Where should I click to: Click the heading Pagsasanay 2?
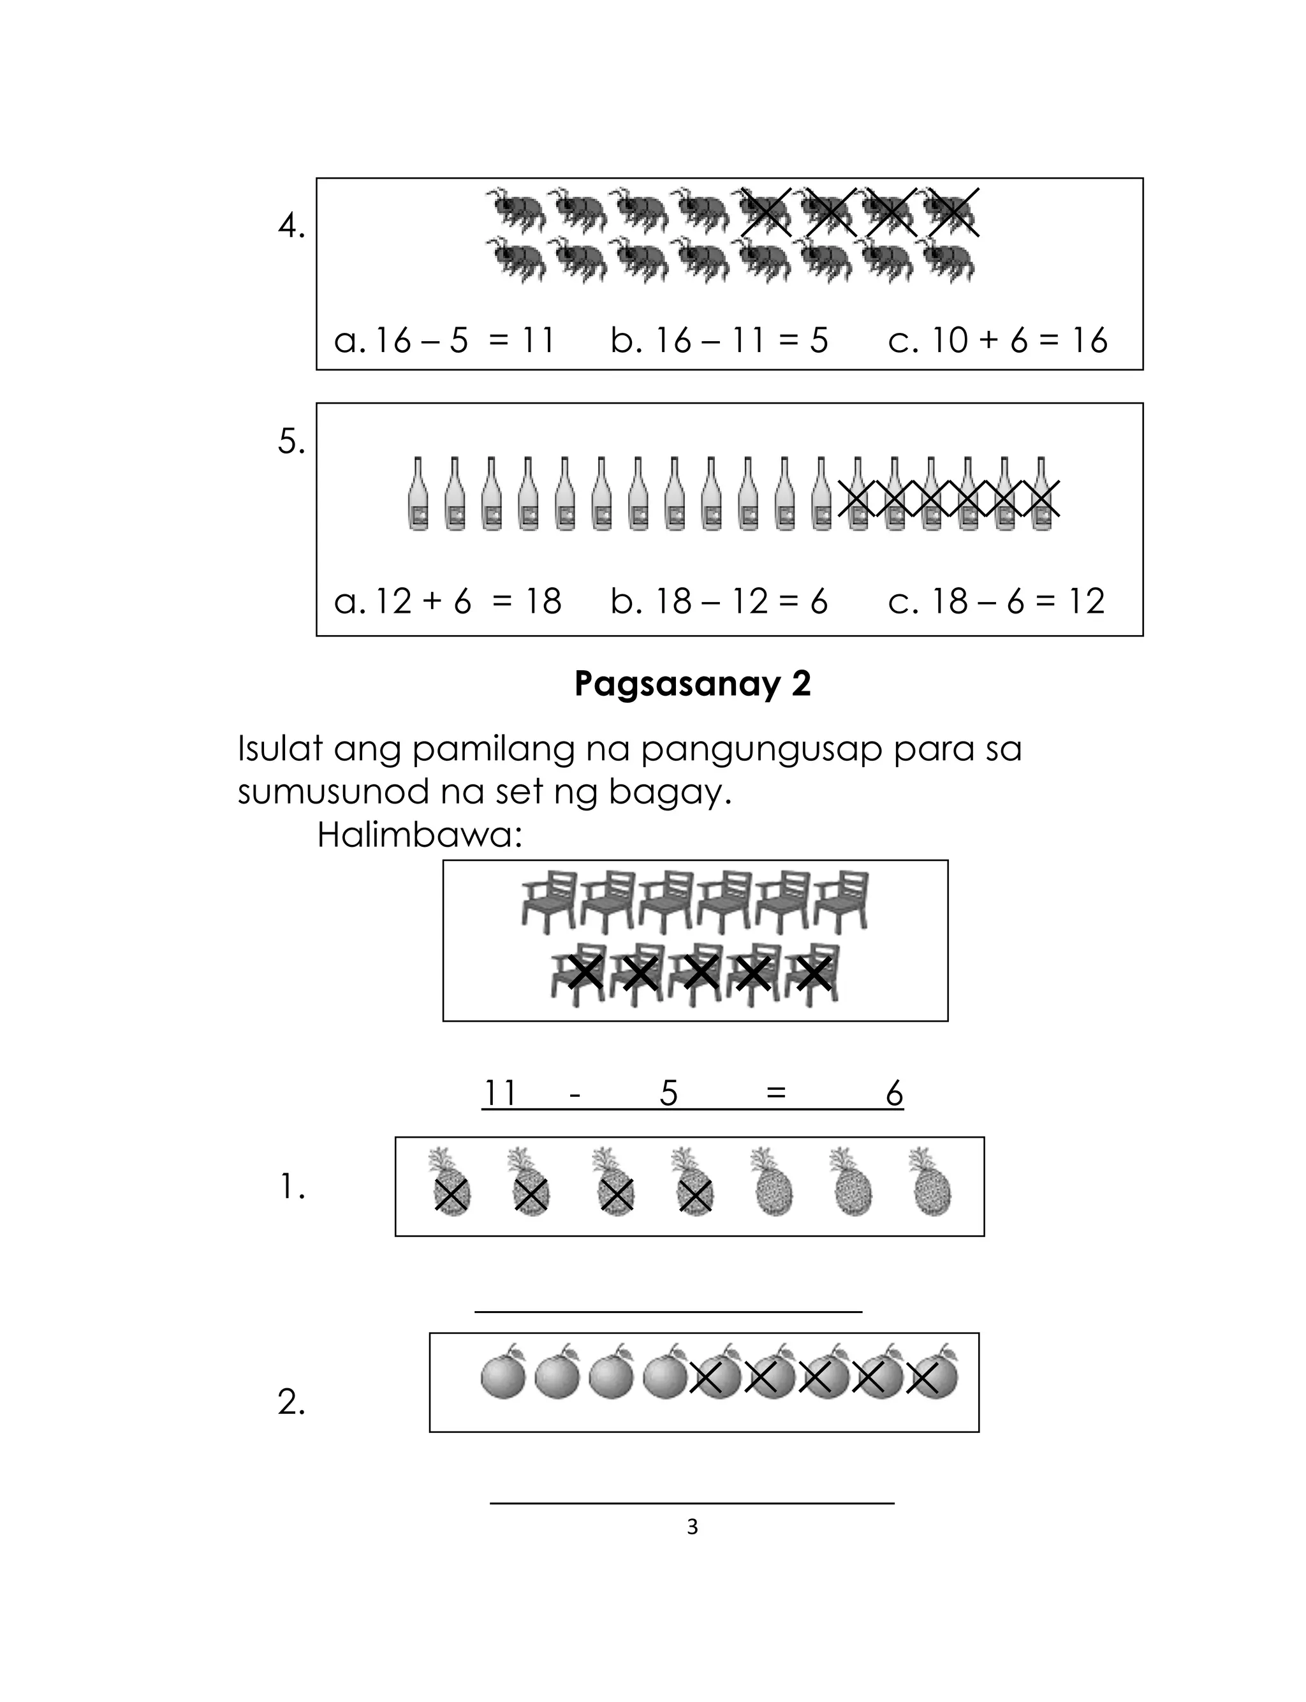click(692, 684)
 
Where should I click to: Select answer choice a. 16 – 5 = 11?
click(444, 341)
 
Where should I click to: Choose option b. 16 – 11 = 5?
click(719, 341)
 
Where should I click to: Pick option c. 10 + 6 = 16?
click(997, 341)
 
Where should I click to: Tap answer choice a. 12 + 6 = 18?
click(447, 601)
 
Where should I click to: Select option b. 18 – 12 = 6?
click(719, 601)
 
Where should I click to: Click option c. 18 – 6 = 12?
click(996, 601)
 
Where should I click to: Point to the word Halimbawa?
click(419, 835)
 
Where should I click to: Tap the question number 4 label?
click(291, 226)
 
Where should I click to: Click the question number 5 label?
click(291, 442)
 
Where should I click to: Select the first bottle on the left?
click(418, 494)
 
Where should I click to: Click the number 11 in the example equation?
click(500, 1094)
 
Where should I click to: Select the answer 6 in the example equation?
click(894, 1094)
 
